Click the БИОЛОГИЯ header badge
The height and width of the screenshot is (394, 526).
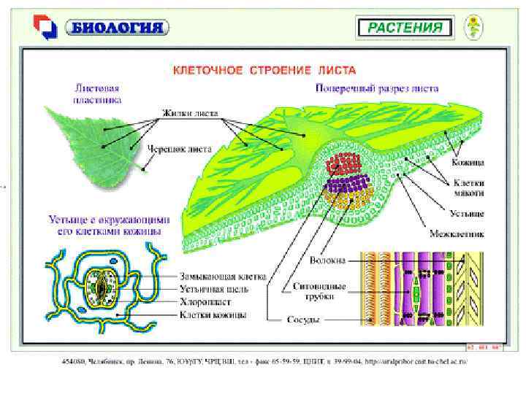tap(117, 28)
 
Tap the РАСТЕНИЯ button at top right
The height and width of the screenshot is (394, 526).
tap(405, 28)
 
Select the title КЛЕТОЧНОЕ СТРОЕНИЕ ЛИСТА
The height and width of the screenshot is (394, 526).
tap(264, 71)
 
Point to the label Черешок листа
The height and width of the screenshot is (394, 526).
tap(180, 149)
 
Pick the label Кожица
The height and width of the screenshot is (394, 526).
tap(468, 162)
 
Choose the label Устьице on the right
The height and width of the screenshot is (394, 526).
tap(468, 215)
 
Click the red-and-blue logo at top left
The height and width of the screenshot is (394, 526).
tap(45, 28)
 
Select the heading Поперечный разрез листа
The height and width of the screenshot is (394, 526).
tap(377, 88)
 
